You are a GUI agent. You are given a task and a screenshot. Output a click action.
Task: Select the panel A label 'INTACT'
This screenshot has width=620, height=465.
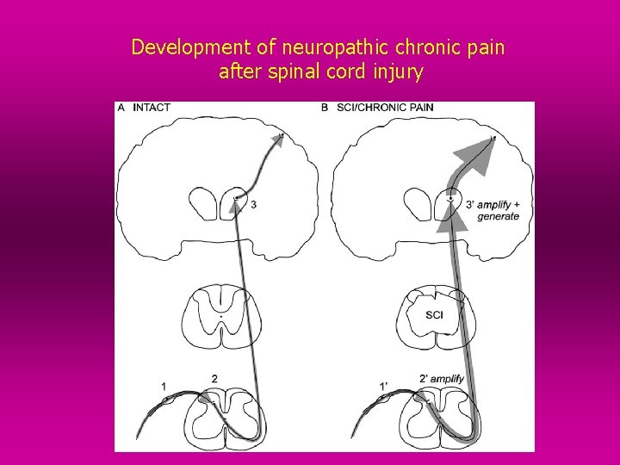tap(152, 108)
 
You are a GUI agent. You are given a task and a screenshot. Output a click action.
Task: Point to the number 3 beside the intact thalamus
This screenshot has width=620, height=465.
tap(252, 204)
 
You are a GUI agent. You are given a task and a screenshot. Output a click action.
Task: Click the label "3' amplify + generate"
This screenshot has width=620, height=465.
tap(493, 210)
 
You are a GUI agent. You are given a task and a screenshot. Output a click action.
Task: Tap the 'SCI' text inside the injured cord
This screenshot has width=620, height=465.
tap(435, 315)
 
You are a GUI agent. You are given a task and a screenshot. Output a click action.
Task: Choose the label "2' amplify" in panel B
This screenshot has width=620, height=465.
tap(441, 379)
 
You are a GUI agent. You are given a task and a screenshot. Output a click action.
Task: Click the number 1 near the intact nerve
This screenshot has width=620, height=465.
tap(164, 386)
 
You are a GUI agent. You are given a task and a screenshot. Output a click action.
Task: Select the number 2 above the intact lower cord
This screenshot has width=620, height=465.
tap(214, 378)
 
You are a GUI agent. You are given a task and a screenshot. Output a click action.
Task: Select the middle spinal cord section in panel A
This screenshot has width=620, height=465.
tap(220, 316)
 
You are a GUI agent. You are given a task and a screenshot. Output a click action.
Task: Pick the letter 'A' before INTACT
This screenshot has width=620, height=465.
tap(121, 108)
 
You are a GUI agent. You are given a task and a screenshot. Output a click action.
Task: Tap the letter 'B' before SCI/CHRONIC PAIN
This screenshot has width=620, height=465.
tap(324, 108)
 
